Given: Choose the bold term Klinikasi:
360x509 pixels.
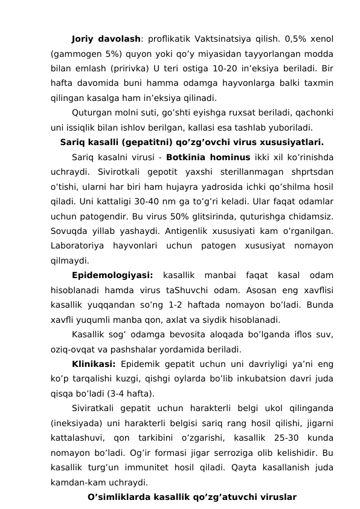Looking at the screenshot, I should (94, 363).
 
